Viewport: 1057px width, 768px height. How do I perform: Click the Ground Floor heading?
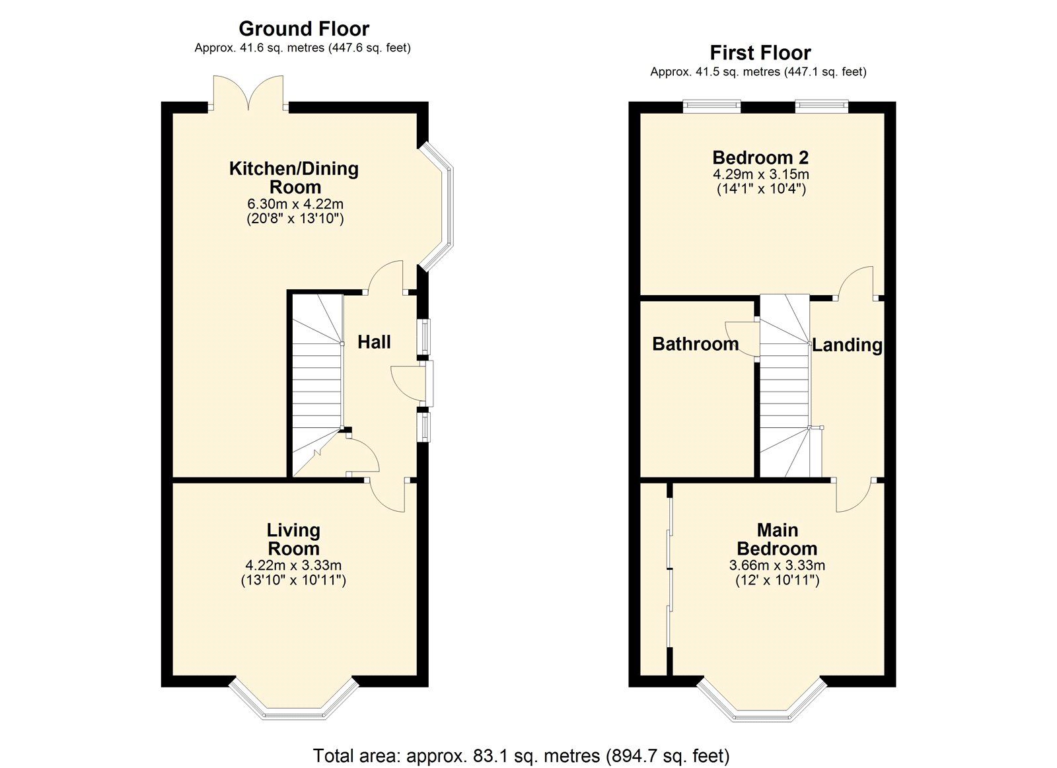coord(303,28)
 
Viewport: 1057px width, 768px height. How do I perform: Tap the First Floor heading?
coord(760,52)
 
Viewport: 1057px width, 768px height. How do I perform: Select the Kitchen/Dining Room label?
coord(294,177)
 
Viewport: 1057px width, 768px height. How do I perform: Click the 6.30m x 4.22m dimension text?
coord(295,204)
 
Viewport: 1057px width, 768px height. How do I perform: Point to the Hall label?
coord(374,341)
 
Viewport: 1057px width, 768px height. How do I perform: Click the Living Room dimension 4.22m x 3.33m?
coord(293,565)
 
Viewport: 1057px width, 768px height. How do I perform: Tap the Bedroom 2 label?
coord(760,157)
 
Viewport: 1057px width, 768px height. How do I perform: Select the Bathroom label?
coord(695,343)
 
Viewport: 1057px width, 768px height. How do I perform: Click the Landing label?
coord(847,345)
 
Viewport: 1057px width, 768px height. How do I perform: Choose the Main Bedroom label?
coord(777,539)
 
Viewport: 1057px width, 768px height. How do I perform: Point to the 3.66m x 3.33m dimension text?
coord(777,565)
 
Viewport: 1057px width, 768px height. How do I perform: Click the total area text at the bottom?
coord(521,755)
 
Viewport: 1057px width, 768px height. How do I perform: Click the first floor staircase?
coord(784,390)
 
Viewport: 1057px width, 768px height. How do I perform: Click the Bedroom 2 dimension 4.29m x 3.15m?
coord(760,174)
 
